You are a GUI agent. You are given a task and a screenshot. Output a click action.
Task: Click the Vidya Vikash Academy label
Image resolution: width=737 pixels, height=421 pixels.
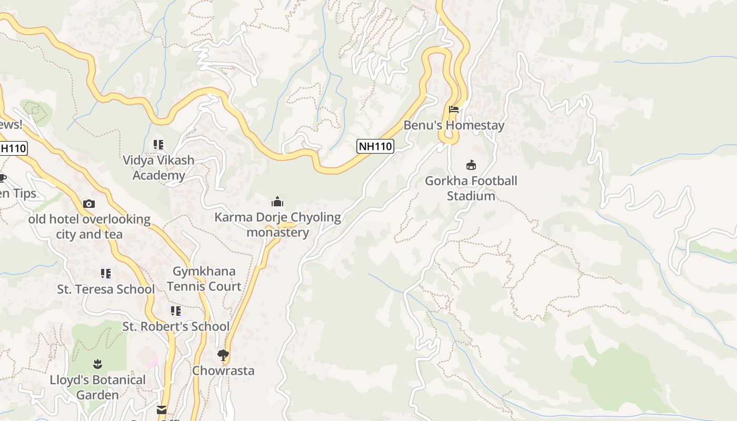(158, 167)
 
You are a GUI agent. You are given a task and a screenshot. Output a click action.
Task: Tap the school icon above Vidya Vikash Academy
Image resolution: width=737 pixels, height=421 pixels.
(158, 144)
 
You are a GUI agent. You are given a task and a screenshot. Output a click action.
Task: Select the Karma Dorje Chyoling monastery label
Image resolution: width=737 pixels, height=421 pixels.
(277, 225)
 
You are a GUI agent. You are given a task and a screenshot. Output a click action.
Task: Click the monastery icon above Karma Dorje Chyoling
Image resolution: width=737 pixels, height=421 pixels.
(277, 202)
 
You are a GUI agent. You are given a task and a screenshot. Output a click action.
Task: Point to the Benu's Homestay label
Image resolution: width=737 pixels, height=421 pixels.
(454, 125)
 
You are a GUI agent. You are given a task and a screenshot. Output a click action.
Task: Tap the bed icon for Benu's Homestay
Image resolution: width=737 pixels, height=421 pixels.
(454, 109)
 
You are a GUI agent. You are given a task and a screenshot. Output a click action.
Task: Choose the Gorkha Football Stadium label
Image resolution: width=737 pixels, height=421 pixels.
(471, 188)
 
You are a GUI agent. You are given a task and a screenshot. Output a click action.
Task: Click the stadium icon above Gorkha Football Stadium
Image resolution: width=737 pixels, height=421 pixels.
(471, 165)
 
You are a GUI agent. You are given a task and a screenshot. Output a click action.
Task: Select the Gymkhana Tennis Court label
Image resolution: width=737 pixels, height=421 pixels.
(204, 279)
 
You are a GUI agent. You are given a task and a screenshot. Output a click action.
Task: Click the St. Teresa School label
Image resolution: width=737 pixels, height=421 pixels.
(106, 289)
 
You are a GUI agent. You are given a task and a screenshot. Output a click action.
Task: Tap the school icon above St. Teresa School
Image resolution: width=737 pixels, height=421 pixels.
(106, 274)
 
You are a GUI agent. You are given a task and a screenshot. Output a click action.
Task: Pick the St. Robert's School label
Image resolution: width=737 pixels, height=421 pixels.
(176, 327)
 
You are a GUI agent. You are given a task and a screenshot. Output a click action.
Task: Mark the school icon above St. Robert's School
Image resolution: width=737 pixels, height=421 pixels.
(176, 311)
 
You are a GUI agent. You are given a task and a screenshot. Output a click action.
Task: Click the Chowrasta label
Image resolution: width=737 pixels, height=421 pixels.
(223, 370)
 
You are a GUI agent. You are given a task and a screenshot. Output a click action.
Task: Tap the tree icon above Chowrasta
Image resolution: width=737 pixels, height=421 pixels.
(223, 355)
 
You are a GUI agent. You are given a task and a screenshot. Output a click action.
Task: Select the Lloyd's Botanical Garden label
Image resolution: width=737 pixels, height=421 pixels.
(97, 387)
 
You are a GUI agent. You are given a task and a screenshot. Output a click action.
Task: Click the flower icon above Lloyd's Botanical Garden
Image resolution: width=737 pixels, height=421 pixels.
(97, 364)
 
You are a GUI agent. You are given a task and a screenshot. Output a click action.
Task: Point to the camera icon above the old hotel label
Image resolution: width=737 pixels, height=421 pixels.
(89, 204)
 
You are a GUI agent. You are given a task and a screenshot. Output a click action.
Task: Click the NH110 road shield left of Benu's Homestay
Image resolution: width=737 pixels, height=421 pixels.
(375, 146)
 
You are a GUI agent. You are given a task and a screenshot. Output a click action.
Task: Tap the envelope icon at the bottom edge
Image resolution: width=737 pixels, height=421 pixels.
(162, 410)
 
